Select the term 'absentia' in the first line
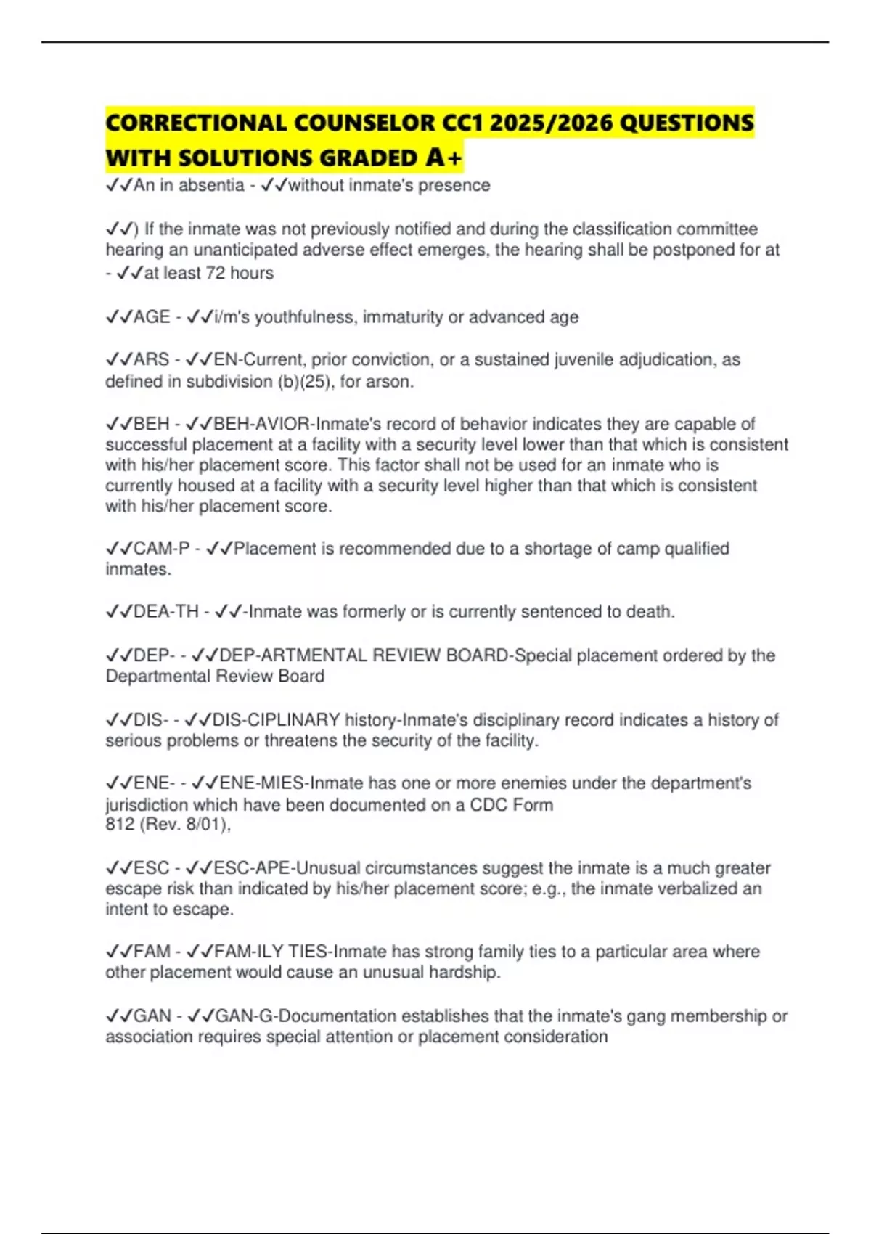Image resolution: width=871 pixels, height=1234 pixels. tap(211, 185)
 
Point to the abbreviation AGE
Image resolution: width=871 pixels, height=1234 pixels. tap(152, 317)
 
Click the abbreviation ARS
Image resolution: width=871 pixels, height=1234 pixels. tap(151, 359)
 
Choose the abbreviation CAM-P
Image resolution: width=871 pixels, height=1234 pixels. tap(161, 548)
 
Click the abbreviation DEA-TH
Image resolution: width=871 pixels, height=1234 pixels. tap(166, 611)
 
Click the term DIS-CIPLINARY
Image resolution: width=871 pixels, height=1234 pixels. tap(277, 719)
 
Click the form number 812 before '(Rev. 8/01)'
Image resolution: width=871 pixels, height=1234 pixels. tap(119, 824)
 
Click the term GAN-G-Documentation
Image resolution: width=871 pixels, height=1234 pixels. tap(308, 1016)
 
